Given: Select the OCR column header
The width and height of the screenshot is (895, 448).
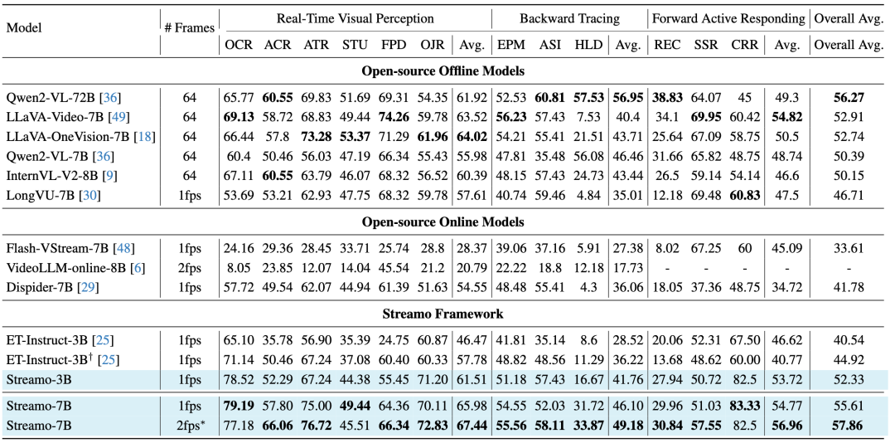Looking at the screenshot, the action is tap(239, 45).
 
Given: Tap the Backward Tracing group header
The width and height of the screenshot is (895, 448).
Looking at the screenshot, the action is tap(569, 19).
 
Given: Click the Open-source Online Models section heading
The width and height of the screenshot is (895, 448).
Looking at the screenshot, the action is tap(443, 222).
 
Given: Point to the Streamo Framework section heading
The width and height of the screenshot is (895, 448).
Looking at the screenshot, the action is tap(443, 314).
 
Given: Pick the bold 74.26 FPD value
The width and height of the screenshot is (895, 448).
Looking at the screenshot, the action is tap(394, 117).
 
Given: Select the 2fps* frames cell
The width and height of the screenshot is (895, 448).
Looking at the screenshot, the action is tap(190, 426).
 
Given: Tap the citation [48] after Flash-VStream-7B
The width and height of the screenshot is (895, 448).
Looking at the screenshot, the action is tap(123, 249).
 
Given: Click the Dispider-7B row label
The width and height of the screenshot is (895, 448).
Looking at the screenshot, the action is tap(52, 287).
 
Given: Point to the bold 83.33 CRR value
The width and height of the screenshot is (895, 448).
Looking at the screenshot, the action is tap(746, 407).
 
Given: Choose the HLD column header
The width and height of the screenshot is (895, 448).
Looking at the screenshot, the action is tap(588, 45).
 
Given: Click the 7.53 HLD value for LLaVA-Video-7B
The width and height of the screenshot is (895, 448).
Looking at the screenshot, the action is tap(588, 117).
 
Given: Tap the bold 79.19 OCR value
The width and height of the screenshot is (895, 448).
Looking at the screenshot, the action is tap(239, 407).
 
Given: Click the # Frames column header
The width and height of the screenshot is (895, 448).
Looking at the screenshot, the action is tap(190, 27).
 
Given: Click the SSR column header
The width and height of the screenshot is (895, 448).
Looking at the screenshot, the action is tap(706, 45).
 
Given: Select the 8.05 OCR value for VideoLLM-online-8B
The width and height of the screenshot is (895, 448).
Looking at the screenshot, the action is tap(239, 268).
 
